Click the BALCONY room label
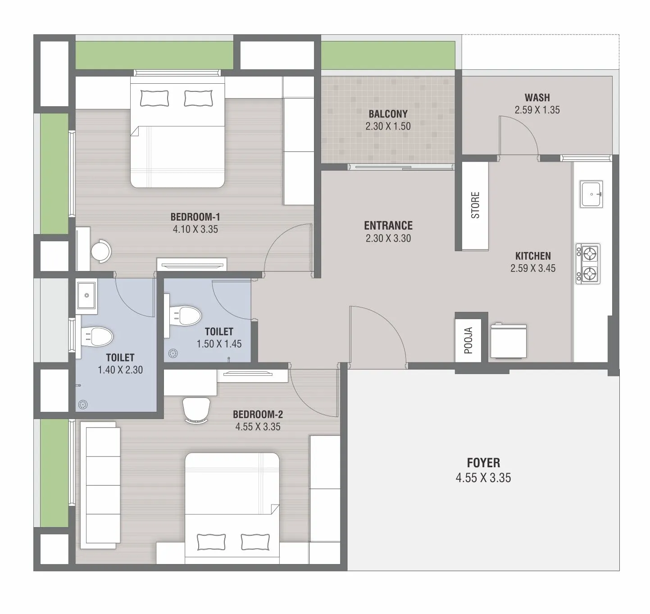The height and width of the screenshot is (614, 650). coord(388,114)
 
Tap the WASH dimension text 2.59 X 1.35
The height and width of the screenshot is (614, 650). coord(537,110)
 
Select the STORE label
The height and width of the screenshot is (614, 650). coord(475,205)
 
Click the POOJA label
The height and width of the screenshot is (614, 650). coord(468,341)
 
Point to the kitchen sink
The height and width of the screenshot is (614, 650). coord(591,194)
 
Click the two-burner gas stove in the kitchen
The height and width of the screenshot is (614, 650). coord(588,264)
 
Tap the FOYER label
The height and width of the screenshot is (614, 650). coord(483,463)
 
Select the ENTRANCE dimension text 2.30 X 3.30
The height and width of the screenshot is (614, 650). coord(388,238)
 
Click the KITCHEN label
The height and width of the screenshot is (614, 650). coord(533,256)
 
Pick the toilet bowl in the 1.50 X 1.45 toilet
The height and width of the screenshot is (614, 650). coord(185,315)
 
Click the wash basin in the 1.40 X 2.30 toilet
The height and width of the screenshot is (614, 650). coord(86,295)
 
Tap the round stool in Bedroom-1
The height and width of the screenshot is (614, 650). coord(101,252)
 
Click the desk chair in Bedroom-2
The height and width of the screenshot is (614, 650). coord(196,410)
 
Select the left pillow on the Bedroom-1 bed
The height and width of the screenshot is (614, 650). coord(155,98)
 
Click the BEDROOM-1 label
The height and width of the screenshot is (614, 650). coord(195,217)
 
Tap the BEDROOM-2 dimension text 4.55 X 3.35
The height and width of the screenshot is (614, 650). coord(258,427)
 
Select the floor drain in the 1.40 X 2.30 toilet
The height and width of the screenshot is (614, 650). coord(82,404)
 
